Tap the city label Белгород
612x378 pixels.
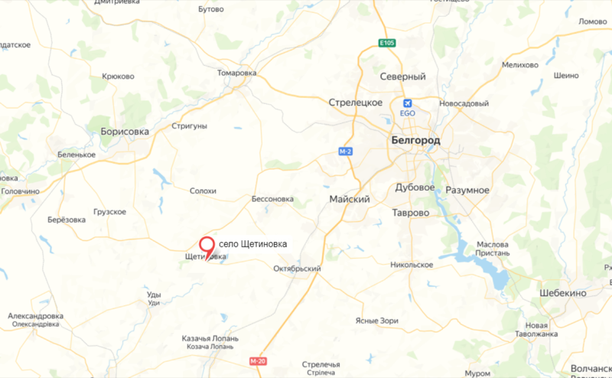415,140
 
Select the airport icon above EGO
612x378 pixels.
407,103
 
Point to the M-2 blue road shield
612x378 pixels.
346,152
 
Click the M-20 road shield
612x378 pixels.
257,360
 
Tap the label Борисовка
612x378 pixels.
125,132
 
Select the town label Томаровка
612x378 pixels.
237,73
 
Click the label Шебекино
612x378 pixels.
561,294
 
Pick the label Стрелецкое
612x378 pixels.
355,103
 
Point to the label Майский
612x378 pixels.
349,199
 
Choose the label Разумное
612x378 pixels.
467,189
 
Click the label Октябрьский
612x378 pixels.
297,269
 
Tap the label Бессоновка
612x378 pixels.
272,199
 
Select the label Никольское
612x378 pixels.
412,265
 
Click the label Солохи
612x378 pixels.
203,191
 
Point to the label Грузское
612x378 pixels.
109,211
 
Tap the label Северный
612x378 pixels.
402,77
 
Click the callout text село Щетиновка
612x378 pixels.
252,243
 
